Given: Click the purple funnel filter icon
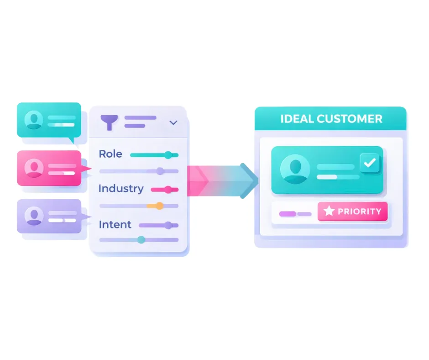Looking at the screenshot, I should (x=109, y=122).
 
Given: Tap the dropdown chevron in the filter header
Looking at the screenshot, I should (x=173, y=122).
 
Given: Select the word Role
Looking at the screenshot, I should (x=110, y=154).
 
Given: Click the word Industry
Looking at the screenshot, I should (x=121, y=188).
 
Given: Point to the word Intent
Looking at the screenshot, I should (x=115, y=224).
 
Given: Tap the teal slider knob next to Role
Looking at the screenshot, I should (x=168, y=155).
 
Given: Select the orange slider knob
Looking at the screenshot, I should (x=159, y=206).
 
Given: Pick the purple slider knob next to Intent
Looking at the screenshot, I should (x=168, y=225).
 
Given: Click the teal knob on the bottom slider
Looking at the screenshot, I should (x=141, y=239).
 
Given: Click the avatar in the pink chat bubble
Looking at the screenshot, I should (x=34, y=168).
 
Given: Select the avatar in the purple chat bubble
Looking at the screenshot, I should (x=34, y=216).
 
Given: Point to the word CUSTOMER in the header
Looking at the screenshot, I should (x=350, y=119).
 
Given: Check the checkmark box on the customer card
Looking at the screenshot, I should (x=369, y=163).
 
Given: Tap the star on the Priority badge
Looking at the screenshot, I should (x=329, y=212).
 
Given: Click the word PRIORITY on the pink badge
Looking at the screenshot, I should (x=359, y=212).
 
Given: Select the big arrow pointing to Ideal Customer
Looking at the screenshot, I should (x=224, y=180).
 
